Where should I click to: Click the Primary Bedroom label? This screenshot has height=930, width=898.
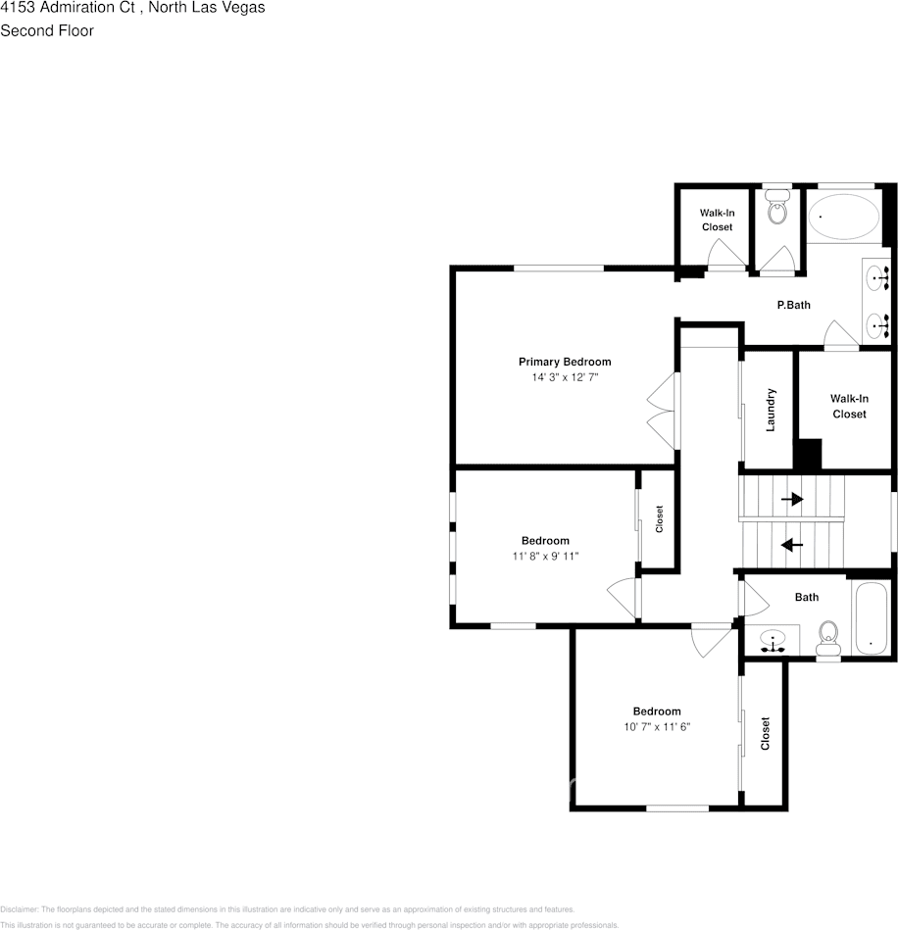[x=564, y=362]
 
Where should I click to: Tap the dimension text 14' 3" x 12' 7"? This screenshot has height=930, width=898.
[x=564, y=376]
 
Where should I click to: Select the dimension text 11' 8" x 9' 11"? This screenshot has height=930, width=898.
[x=545, y=556]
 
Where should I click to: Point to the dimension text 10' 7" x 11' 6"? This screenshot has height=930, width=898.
[x=656, y=726]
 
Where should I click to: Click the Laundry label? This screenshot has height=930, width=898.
[x=771, y=410]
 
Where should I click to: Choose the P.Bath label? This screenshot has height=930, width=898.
[x=793, y=305]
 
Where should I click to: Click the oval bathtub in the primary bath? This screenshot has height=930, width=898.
[x=843, y=218]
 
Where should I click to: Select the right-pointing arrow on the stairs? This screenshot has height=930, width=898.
[x=791, y=499]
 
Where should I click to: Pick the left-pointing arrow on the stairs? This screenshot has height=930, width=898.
[x=791, y=544]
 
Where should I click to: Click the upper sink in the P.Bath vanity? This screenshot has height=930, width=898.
[x=876, y=278]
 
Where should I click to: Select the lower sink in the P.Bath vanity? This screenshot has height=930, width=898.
[x=876, y=321]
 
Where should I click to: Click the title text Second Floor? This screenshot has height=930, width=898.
[x=47, y=30]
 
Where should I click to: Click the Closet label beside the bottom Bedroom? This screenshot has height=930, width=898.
[x=765, y=733]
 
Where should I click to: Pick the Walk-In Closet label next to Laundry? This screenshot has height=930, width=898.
[x=849, y=406]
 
